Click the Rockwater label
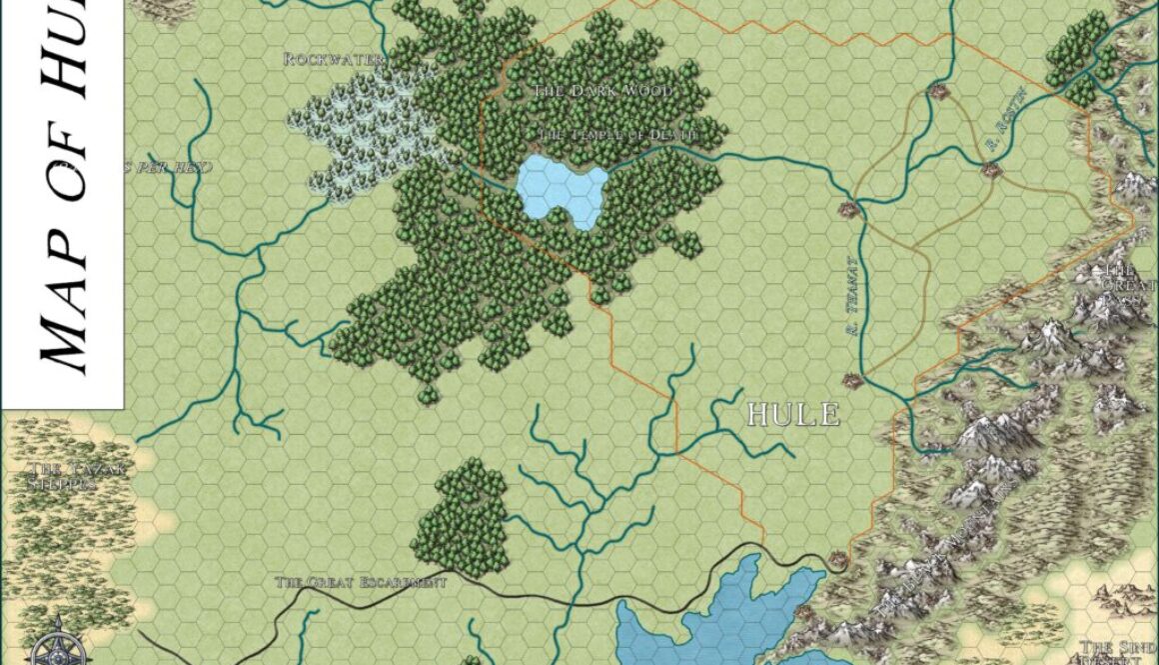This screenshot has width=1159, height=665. pos(334,60)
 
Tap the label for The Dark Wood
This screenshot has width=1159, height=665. pos(603,91)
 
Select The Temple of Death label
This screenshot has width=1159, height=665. pos(616,134)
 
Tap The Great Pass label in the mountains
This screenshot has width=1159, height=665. pos(1117,286)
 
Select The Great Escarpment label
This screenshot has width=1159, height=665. pos(360,582)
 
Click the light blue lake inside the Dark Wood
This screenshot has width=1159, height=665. pos(562,189)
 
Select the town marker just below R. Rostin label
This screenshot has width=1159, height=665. pos(992,171)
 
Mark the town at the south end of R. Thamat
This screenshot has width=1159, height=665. pos(851,380)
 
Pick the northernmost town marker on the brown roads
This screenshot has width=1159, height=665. pos(937,92)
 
